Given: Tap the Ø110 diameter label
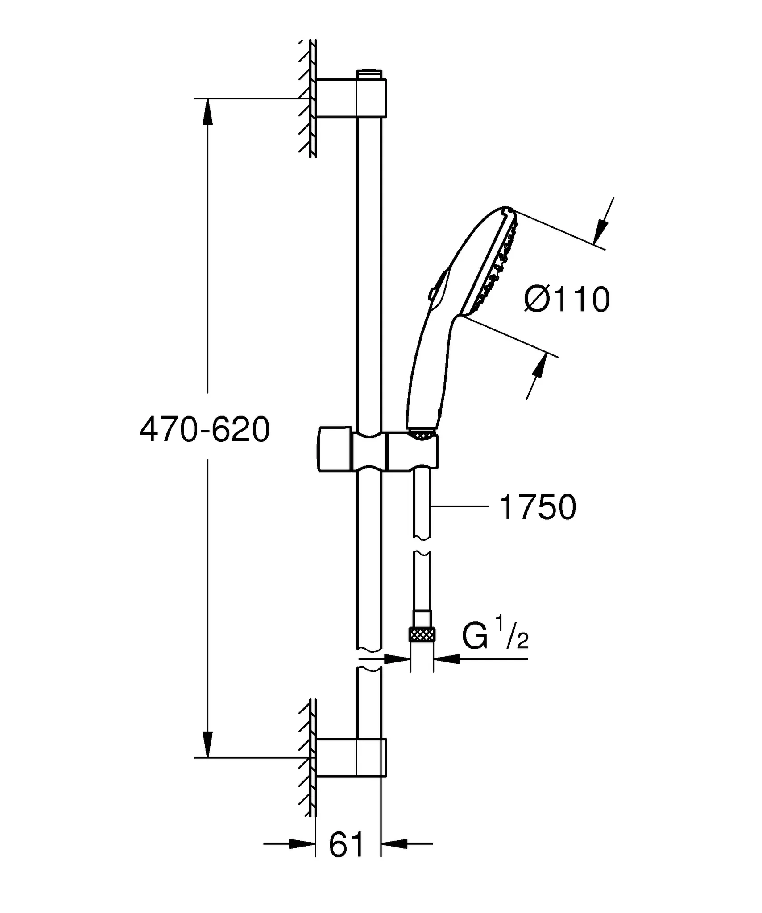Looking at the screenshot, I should [x=567, y=300].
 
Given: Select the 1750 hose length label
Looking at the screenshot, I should [x=538, y=507].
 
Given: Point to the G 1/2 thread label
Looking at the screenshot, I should [x=495, y=638].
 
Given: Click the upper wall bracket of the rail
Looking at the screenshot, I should [x=351, y=98].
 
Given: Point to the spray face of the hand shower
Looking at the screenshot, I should [x=491, y=263].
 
